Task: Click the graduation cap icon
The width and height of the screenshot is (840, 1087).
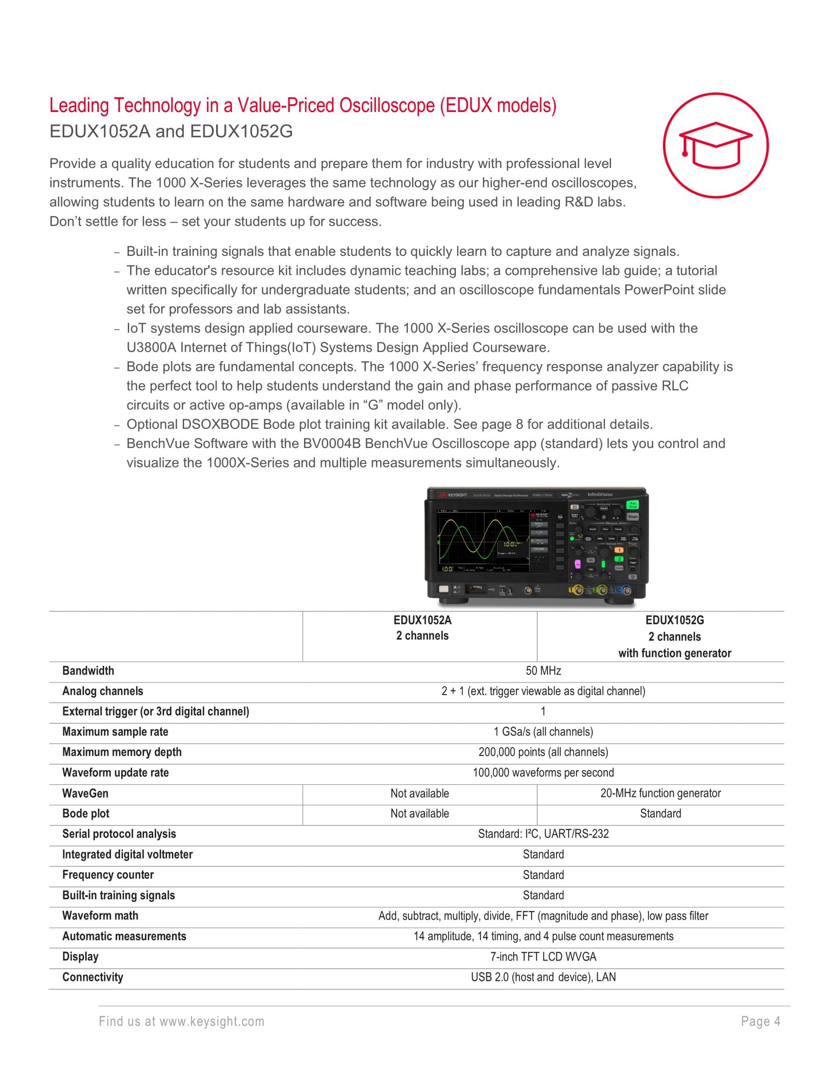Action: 715,145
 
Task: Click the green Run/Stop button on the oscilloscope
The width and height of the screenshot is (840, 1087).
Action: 633,505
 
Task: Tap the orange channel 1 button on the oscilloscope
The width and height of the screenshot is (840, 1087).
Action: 619,551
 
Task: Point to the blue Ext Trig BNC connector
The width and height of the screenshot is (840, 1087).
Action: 626,590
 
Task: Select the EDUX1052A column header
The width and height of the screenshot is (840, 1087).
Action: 422,628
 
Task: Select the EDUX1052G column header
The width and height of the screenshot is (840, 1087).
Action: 674,637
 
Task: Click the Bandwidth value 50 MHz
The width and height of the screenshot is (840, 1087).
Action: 543,671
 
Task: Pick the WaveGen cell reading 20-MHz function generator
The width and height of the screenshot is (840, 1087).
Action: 660,793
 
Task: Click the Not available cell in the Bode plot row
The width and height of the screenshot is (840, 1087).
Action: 420,814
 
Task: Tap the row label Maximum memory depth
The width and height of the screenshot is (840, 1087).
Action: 122,752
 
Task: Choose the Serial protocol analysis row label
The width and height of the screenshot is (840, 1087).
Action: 119,834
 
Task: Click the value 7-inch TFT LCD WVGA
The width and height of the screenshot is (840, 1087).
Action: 543,957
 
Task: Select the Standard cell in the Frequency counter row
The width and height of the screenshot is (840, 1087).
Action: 543,875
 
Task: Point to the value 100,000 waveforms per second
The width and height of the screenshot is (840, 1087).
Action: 543,773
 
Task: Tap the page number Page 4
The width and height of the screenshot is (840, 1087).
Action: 760,1022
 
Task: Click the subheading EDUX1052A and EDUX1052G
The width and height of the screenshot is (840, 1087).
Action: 171,131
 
